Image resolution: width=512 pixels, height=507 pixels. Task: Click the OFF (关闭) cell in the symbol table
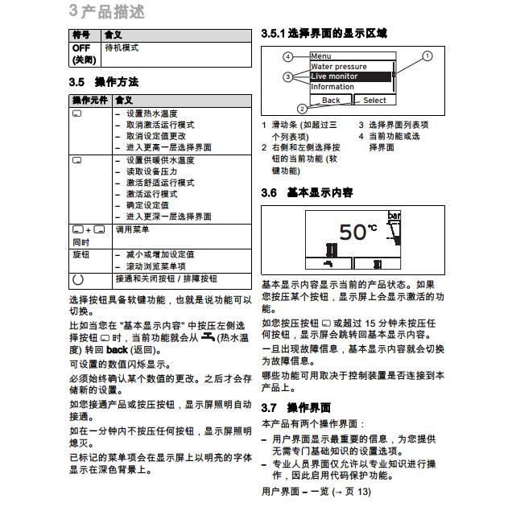(83, 54)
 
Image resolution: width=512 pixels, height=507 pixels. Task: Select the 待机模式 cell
(122, 49)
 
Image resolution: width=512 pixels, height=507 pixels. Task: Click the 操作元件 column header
(89, 101)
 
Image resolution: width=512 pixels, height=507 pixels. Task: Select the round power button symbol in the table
(78, 280)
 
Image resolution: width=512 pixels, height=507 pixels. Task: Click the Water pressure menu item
(339, 67)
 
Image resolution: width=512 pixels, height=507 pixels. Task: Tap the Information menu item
(332, 87)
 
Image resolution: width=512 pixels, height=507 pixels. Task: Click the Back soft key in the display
(330, 101)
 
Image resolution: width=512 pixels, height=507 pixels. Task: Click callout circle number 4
(287, 57)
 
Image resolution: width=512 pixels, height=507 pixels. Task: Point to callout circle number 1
(427, 56)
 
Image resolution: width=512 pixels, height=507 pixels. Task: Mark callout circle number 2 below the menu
(301, 109)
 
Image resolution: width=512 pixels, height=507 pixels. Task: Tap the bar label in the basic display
(394, 216)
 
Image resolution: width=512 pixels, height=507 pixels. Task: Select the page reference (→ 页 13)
(347, 492)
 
